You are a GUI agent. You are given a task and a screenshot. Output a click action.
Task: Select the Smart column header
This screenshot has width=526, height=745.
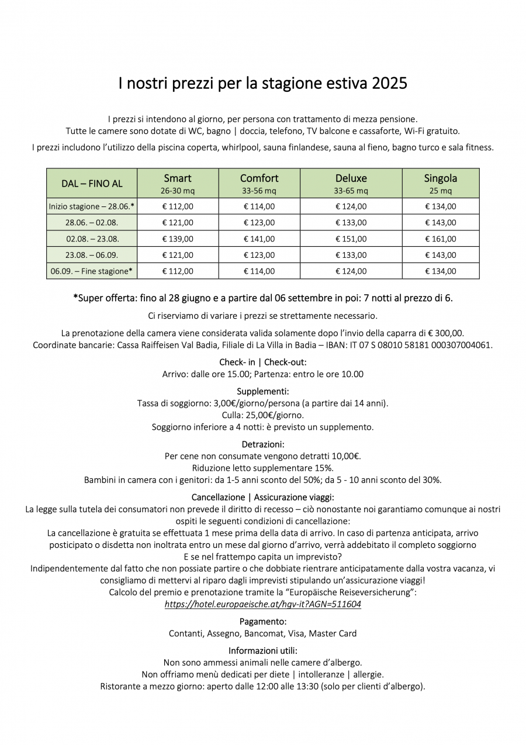pyautogui.click(x=178, y=178)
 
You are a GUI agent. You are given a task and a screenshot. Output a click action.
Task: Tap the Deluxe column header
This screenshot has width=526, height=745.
pyautogui.click(x=351, y=178)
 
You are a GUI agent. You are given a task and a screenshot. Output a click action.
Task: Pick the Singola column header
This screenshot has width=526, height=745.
pyautogui.click(x=440, y=178)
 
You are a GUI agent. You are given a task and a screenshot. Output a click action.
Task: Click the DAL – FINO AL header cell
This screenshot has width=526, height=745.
pyautogui.click(x=92, y=184)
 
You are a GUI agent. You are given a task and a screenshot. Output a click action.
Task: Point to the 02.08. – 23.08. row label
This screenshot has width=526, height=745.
pyautogui.click(x=92, y=239)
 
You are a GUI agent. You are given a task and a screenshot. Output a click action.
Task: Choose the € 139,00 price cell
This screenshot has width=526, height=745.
pyautogui.click(x=178, y=239)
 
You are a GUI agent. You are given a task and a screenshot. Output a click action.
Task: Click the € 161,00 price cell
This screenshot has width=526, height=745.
pyautogui.click(x=440, y=239)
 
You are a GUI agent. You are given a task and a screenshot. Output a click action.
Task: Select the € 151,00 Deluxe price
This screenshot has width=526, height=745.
pyautogui.click(x=351, y=239)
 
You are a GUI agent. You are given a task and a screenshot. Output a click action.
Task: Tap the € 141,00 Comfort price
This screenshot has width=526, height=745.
pyautogui.click(x=259, y=239)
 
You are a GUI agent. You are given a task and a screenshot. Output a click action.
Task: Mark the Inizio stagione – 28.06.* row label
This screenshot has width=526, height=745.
pyautogui.click(x=92, y=206)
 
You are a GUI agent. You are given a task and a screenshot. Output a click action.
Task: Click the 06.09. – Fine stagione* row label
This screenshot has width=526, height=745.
pyautogui.click(x=92, y=271)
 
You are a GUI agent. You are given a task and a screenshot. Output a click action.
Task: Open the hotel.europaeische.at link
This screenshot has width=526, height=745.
pyautogui.click(x=262, y=605)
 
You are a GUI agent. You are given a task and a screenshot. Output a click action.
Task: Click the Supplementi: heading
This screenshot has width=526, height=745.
pyautogui.click(x=262, y=391)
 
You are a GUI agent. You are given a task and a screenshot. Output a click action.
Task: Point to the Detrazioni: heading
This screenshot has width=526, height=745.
pyautogui.click(x=262, y=444)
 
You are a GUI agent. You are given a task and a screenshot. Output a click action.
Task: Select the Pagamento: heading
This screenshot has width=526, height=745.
pyautogui.click(x=262, y=621)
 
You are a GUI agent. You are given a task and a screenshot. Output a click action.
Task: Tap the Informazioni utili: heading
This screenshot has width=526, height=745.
pyautogui.click(x=262, y=650)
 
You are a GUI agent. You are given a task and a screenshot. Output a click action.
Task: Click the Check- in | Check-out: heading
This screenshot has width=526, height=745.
pyautogui.click(x=262, y=362)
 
